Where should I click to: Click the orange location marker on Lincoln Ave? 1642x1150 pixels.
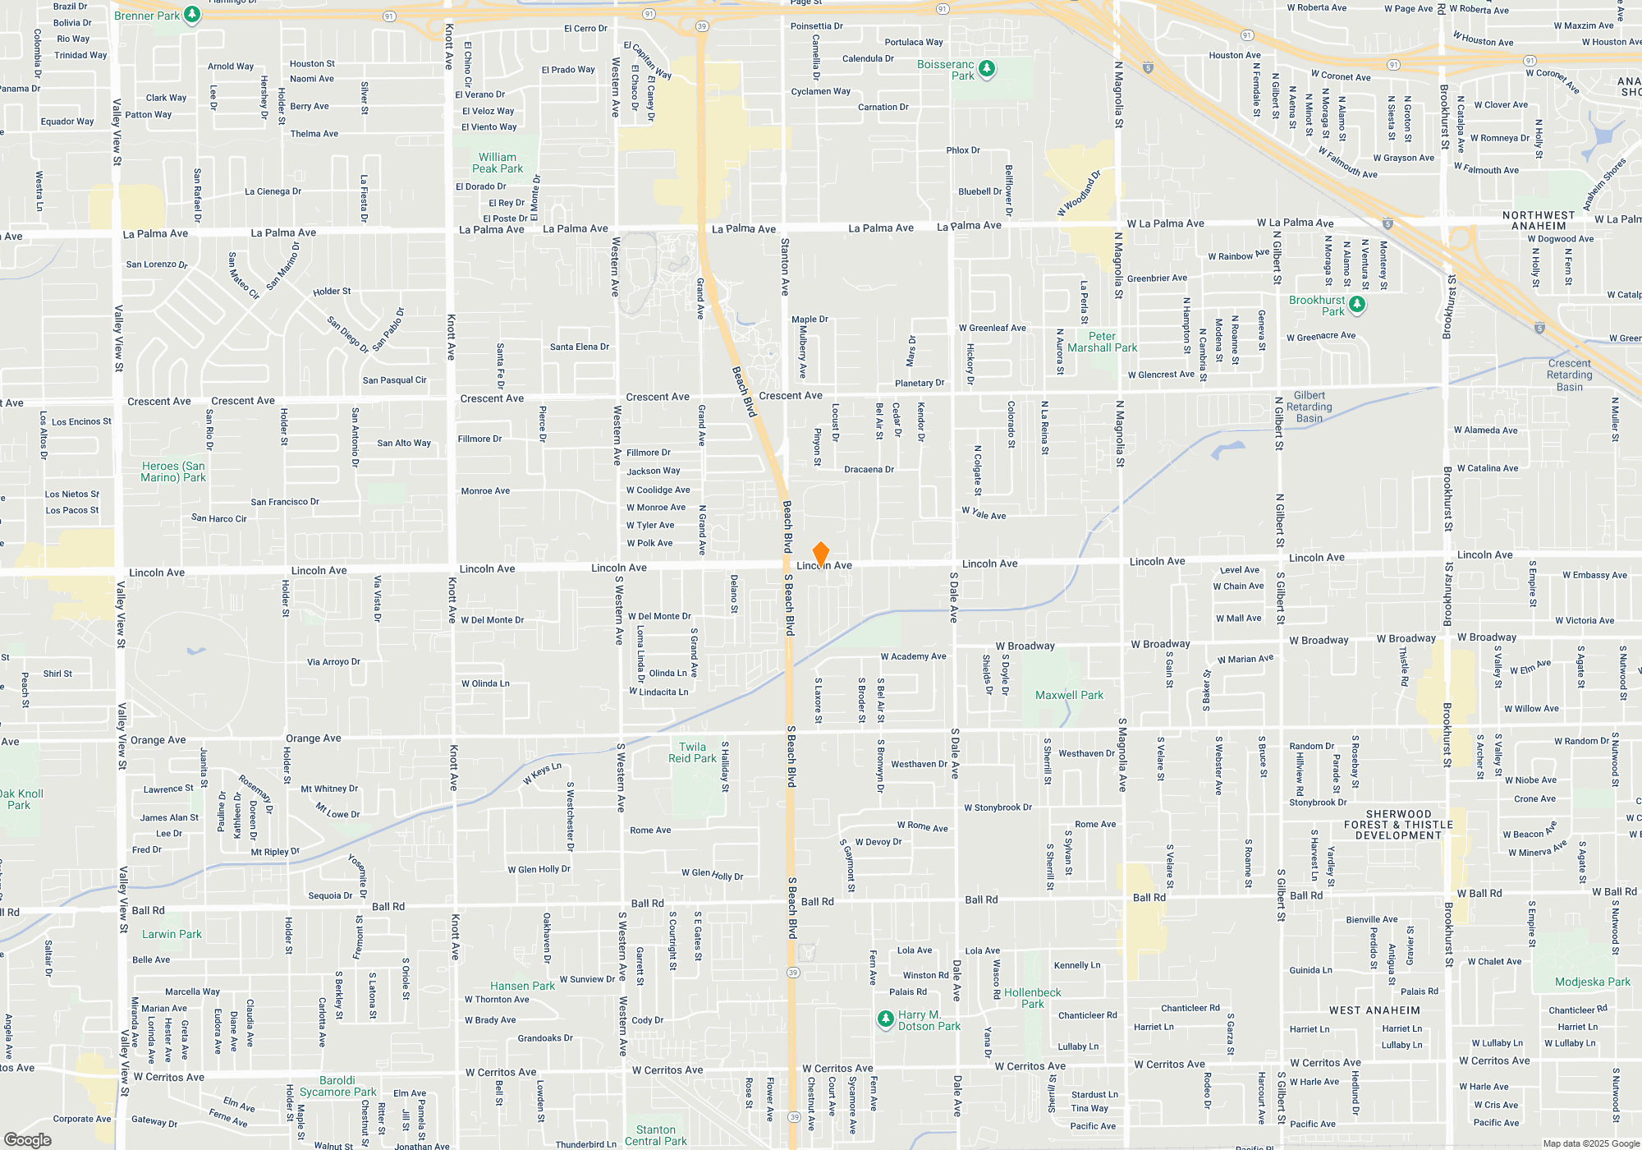click(820, 554)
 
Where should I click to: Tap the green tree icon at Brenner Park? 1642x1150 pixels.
click(192, 15)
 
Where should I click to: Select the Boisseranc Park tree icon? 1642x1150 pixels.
click(987, 69)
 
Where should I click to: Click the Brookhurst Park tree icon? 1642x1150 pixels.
click(1357, 305)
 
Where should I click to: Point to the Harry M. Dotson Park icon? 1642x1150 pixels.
click(885, 1019)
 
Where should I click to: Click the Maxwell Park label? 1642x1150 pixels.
click(1069, 695)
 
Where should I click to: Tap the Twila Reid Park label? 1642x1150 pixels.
click(692, 752)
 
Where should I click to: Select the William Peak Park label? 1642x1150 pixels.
click(498, 163)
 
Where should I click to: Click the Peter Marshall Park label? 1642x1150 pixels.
click(1102, 342)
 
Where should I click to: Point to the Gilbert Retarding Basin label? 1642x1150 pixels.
click(1309, 407)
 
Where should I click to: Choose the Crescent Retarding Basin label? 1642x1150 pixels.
click(1569, 375)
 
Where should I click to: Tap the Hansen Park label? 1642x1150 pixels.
click(522, 986)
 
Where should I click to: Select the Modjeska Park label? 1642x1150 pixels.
click(1592, 982)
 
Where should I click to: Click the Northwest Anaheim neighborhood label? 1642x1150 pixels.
click(1539, 220)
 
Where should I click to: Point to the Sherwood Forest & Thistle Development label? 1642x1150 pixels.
click(1398, 825)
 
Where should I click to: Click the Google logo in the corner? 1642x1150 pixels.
click(27, 1140)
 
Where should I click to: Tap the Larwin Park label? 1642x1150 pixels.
click(172, 934)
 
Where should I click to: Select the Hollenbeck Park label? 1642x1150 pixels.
click(1032, 998)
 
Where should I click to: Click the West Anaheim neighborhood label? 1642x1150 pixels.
click(1374, 1010)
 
